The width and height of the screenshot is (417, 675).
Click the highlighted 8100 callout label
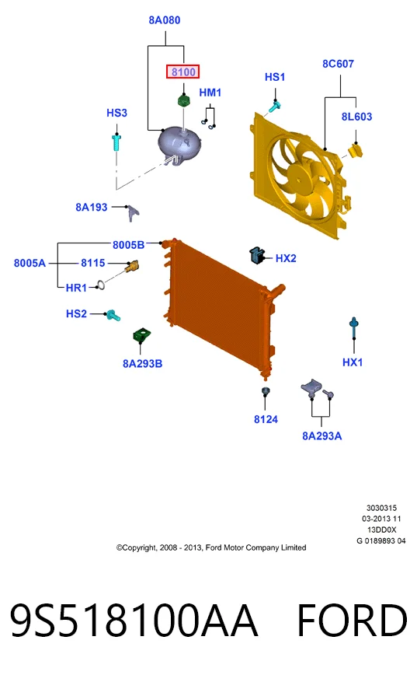click(x=183, y=72)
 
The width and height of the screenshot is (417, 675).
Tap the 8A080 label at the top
click(x=164, y=20)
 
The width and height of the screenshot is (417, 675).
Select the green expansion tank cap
click(x=184, y=100)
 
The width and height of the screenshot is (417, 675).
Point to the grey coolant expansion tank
click(x=179, y=142)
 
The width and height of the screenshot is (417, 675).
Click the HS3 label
click(x=116, y=113)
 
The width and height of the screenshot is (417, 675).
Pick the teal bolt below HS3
click(x=116, y=142)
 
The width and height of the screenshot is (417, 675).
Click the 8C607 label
click(x=338, y=64)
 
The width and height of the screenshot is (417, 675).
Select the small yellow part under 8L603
click(x=355, y=150)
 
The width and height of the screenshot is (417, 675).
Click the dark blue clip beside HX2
click(x=257, y=255)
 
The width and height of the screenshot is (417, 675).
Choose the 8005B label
click(x=128, y=245)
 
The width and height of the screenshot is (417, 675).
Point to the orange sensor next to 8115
click(x=132, y=266)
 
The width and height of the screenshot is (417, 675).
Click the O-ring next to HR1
click(x=101, y=285)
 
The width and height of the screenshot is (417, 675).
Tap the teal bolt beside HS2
click(x=113, y=315)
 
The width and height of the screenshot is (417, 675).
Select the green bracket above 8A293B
click(x=141, y=335)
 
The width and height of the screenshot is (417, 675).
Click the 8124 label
click(x=266, y=419)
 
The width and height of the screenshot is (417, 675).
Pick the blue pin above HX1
click(x=354, y=328)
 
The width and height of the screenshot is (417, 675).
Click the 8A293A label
click(x=322, y=436)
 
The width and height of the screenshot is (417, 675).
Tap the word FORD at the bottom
click(x=352, y=621)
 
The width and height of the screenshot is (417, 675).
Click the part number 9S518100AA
click(x=134, y=621)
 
